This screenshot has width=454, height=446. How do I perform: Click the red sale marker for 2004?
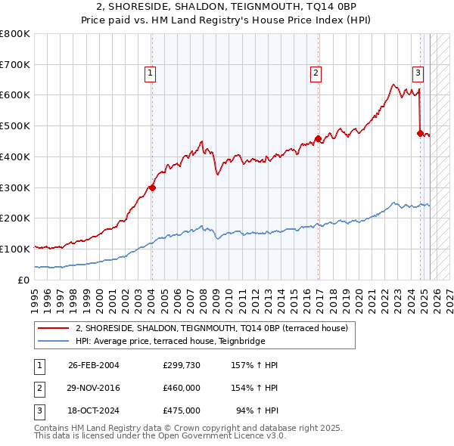(152, 187)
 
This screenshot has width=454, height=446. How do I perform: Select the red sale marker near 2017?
(318, 138)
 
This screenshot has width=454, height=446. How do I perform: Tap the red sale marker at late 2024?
(419, 133)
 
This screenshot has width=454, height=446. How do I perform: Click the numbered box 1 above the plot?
(151, 73)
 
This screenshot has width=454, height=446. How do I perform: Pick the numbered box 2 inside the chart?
(316, 73)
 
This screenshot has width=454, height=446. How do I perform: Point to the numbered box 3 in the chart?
(418, 73)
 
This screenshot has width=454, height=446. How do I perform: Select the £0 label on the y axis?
(24, 280)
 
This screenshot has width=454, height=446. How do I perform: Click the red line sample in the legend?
(54, 328)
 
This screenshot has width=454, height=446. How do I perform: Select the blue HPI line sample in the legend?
(54, 341)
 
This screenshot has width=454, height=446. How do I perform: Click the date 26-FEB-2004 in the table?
(94, 365)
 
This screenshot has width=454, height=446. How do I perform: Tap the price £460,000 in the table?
(182, 388)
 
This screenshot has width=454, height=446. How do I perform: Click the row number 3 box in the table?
(39, 410)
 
